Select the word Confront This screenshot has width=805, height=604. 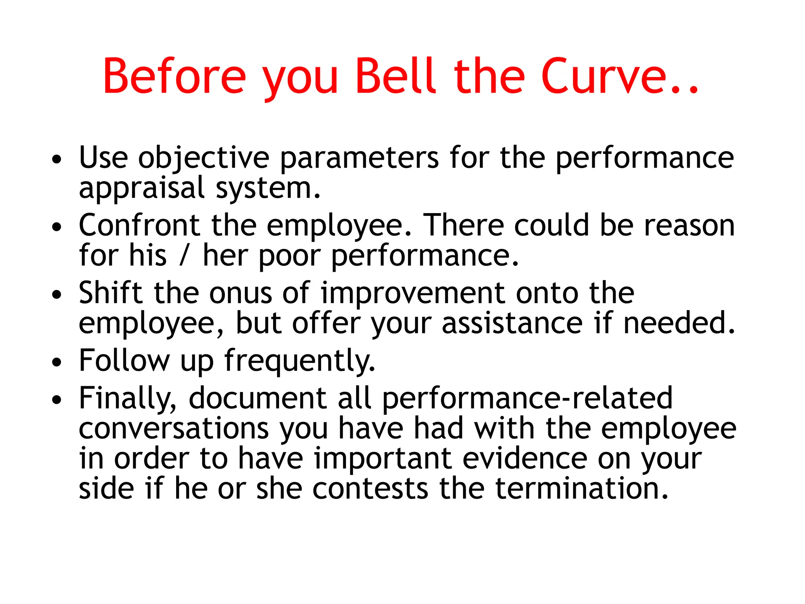click(x=140, y=225)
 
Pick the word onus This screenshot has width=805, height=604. click(x=241, y=293)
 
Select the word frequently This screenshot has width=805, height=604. click(x=300, y=361)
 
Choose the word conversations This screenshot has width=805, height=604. click(x=174, y=428)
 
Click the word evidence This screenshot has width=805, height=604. click(x=525, y=459)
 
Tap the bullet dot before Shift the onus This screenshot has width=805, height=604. click(x=57, y=295)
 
